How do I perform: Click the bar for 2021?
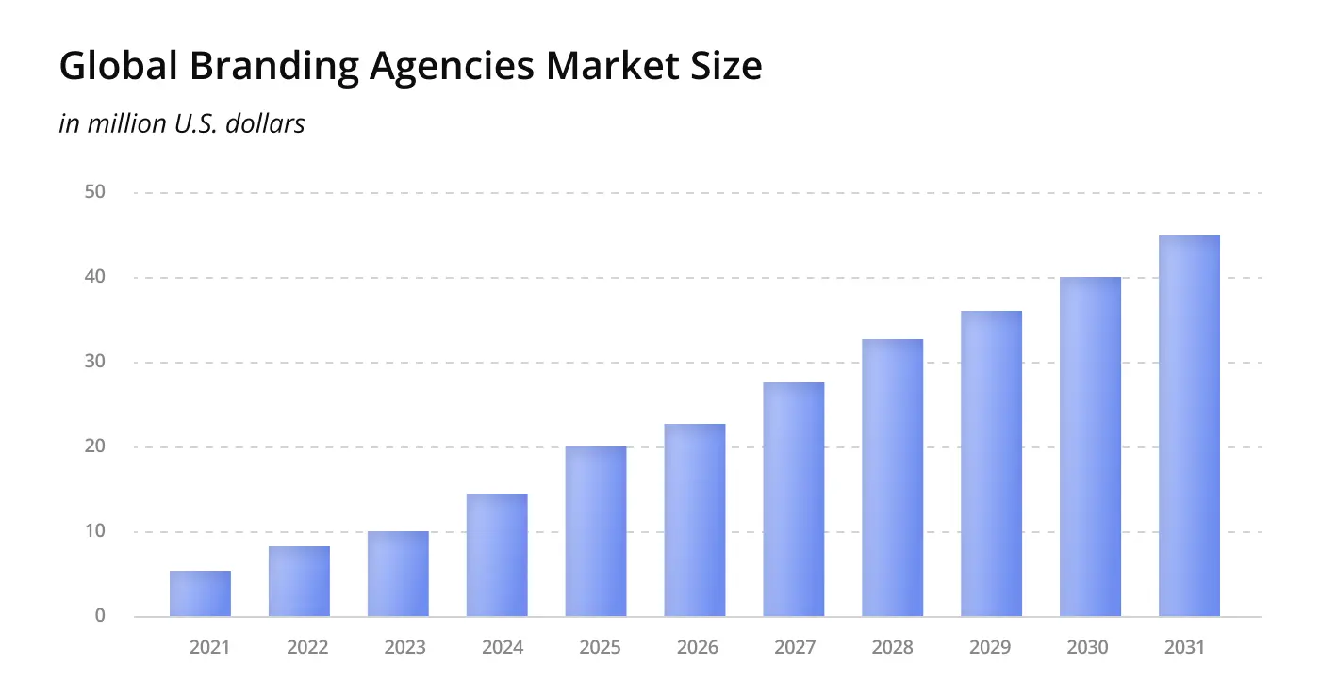200,593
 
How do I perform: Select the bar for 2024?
497,555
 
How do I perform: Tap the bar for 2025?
596,531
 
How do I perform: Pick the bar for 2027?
794,499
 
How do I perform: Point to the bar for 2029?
991,463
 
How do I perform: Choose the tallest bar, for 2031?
1189,426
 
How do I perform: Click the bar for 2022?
299,581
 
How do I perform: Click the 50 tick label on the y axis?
94,192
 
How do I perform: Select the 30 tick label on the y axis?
94,362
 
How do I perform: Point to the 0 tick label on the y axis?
100,616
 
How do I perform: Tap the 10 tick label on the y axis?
94,531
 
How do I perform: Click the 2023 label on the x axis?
404,648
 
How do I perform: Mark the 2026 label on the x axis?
697,648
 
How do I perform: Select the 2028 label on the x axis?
892,648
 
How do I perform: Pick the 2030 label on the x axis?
1087,648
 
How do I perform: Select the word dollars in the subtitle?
267,123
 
